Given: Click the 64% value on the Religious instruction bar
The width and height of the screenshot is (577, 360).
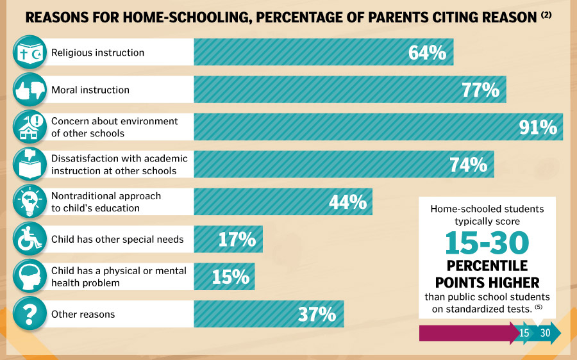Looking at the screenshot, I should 427,53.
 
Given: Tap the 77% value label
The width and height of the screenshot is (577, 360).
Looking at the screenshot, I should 480,90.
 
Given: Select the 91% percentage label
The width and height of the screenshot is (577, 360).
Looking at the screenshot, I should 537,127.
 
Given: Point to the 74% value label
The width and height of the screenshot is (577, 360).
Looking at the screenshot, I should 468,165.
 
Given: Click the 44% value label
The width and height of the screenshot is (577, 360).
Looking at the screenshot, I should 347,202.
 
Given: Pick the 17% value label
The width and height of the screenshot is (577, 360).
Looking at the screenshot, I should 237,240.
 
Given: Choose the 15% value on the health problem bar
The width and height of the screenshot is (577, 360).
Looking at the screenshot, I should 230,277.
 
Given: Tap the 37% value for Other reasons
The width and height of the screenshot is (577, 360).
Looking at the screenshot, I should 317,315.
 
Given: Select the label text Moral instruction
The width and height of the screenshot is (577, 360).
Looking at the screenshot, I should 90,90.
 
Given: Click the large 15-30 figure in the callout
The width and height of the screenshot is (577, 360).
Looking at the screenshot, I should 487,243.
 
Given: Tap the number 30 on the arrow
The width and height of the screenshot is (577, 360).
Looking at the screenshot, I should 546,333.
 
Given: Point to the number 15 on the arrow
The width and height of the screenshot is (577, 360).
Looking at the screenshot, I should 524,333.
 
